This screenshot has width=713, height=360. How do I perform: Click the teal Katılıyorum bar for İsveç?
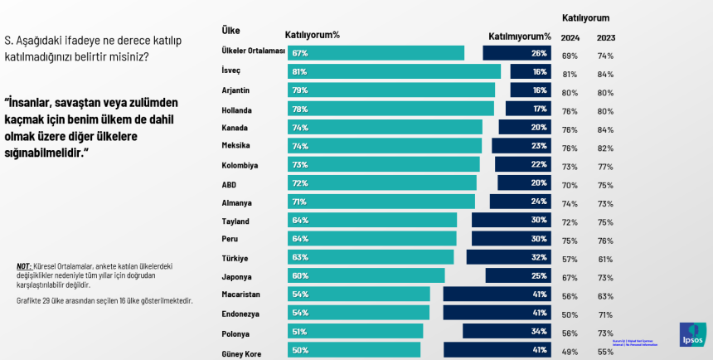point(395,71)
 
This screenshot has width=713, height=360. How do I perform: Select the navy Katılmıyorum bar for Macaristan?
point(497,294)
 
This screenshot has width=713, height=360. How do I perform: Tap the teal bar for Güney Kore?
point(354,350)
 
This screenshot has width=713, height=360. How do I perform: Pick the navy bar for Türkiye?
point(508,257)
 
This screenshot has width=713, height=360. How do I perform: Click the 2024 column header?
point(570,37)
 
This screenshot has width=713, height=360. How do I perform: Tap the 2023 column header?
point(606,37)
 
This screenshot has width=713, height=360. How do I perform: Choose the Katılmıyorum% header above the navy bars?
point(519,36)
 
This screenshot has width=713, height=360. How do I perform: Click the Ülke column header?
point(231,31)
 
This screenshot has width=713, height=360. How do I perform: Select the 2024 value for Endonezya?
point(570,314)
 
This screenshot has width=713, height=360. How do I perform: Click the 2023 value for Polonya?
point(606,332)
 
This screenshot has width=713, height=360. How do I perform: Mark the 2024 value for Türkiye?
point(570,258)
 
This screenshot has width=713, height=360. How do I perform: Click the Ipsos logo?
point(692,334)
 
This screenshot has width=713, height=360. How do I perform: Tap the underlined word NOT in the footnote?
point(24,266)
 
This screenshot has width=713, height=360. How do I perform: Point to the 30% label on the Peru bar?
point(539,239)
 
